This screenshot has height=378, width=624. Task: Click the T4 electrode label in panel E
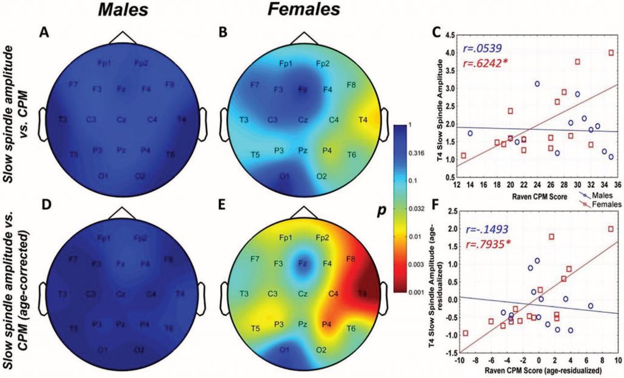363,293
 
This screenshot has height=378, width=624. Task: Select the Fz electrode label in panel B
302,89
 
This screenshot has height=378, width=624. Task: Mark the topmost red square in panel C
611,52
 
